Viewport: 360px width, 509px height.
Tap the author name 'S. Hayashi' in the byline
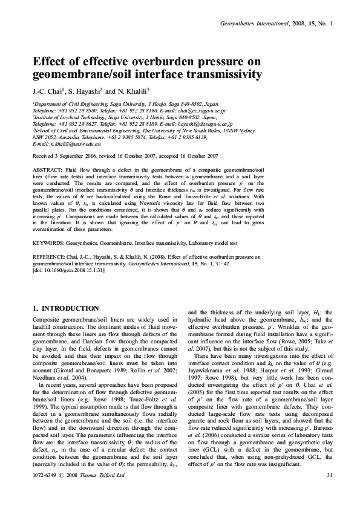(79, 92)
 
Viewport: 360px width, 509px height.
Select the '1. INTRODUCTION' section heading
(65, 309)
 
